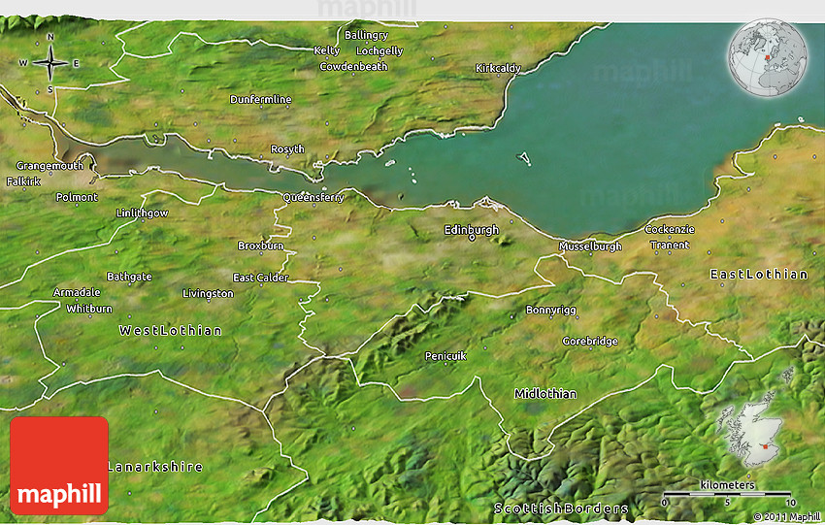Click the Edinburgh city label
click(x=471, y=230)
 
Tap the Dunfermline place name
click(x=260, y=100)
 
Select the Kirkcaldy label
click(x=498, y=68)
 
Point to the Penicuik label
click(x=445, y=356)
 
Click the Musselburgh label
click(x=590, y=246)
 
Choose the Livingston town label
click(x=208, y=293)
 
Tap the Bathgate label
click(x=129, y=277)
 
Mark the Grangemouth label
click(x=49, y=166)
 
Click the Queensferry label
click(x=313, y=197)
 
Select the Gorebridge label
click(x=589, y=342)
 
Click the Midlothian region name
click(x=544, y=394)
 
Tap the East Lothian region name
click(x=759, y=275)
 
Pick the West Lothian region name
click(x=170, y=331)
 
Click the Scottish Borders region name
click(x=561, y=509)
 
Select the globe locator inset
click(x=766, y=58)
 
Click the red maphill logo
click(x=58, y=466)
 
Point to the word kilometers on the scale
click(x=727, y=484)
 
